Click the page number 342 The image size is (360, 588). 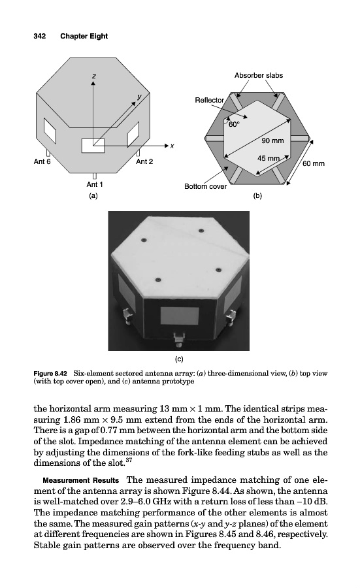click(x=40, y=36)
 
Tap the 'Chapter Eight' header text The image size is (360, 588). click(x=84, y=37)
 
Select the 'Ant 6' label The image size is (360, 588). click(x=42, y=161)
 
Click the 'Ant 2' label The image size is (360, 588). click(x=144, y=161)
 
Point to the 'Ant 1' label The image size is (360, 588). click(x=95, y=184)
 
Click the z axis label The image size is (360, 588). click(x=93, y=76)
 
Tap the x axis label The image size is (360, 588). click(x=172, y=146)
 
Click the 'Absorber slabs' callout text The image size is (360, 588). click(x=259, y=75)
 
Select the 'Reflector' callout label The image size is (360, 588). click(x=209, y=100)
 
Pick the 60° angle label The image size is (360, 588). click(x=233, y=124)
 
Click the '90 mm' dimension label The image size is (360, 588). click(x=272, y=140)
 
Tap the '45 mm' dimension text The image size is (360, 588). click(x=269, y=158)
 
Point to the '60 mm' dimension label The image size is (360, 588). click(x=314, y=163)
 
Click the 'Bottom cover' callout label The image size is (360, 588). click(x=206, y=186)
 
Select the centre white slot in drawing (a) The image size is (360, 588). click(x=93, y=146)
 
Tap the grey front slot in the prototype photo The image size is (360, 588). click(x=180, y=316)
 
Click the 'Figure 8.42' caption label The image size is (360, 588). click(x=50, y=374)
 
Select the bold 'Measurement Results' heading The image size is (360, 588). click(x=80, y=480)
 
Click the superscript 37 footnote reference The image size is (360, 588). click(x=128, y=461)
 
